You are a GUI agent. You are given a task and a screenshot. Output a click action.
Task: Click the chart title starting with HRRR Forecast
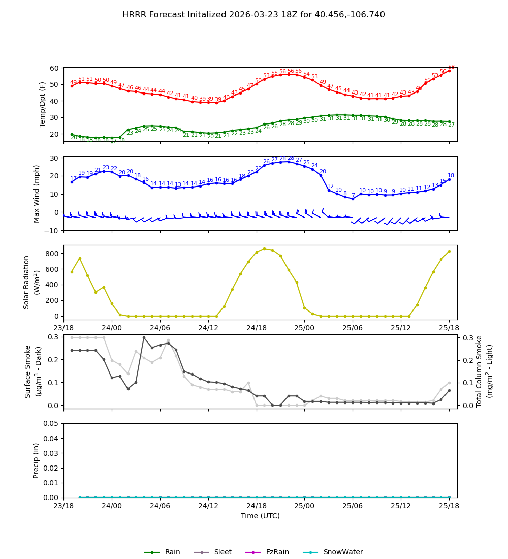click(253, 15)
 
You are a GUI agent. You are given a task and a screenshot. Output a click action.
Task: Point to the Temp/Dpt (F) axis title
click(43, 104)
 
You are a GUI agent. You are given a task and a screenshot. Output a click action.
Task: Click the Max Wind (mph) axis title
click(37, 193)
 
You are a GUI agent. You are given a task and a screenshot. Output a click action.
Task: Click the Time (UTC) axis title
click(260, 516)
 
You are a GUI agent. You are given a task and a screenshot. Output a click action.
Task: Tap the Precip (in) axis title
click(36, 460)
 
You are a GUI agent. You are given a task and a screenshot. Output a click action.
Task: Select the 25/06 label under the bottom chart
click(353, 506)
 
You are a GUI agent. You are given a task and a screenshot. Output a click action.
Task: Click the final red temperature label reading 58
click(451, 67)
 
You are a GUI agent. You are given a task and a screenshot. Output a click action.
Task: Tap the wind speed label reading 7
click(353, 195)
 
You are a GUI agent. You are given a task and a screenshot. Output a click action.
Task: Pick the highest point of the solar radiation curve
click(264, 249)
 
